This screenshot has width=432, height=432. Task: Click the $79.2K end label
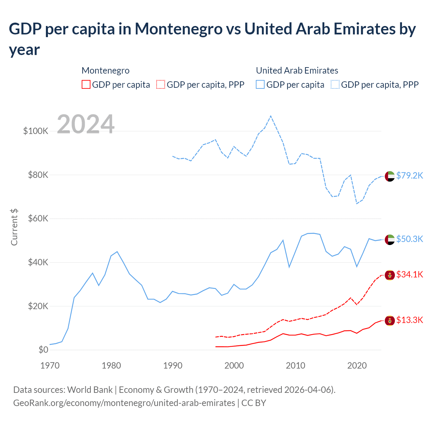[409, 175]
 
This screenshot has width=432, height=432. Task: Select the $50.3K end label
[409, 239]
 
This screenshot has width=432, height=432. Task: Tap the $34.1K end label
[409, 274]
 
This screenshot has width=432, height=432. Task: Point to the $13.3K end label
[409, 320]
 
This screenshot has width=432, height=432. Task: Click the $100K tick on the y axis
[36, 131]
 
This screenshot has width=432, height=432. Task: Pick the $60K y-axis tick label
[38, 218]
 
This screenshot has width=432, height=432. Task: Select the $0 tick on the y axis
[43, 350]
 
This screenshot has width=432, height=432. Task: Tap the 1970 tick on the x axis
[50, 366]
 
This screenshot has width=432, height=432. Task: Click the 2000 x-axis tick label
[234, 366]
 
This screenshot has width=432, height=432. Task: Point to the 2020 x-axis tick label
[357, 366]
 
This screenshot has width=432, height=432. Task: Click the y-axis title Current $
[14, 227]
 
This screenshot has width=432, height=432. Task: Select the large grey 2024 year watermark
[86, 124]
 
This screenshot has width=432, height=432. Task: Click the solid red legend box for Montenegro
[86, 84]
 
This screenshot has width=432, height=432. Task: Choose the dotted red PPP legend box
[161, 84]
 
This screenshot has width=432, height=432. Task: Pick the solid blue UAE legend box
[260, 84]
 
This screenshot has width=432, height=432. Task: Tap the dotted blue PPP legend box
[335, 84]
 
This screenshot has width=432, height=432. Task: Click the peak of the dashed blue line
[271, 116]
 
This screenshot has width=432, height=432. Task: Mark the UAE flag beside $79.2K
[390, 176]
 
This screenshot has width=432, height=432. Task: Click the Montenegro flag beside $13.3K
[390, 320]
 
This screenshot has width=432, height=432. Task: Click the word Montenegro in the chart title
[179, 29]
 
